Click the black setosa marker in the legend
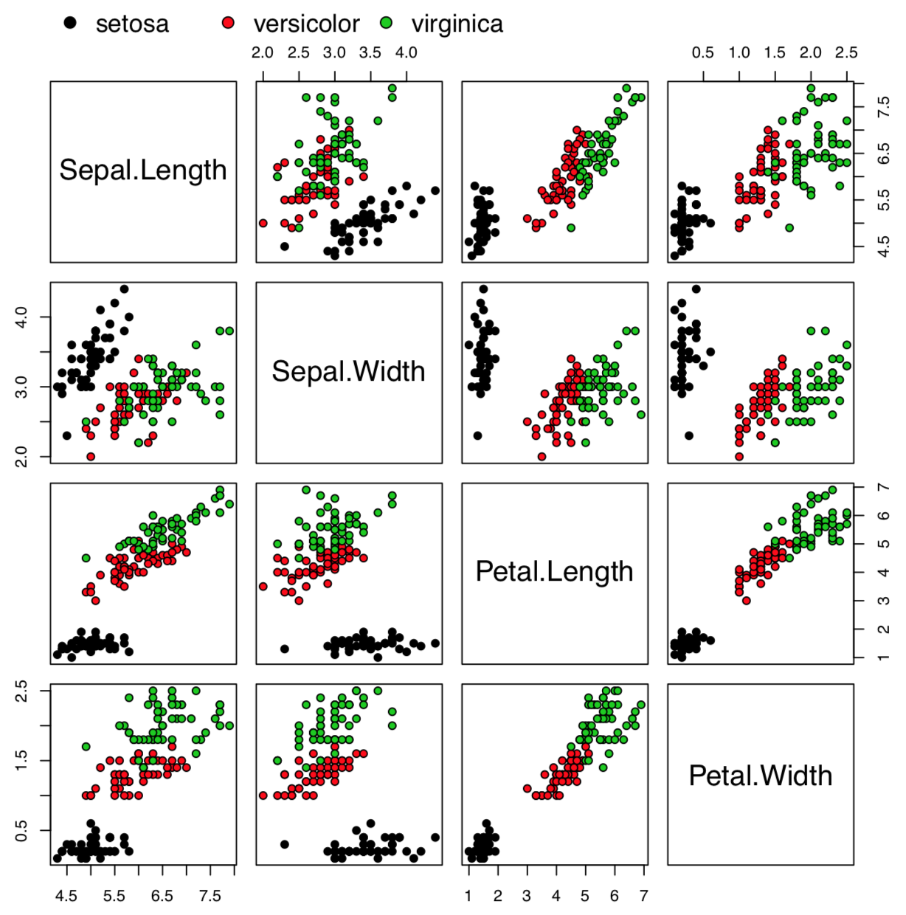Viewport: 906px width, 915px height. coord(71,23)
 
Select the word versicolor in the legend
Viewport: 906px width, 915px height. coord(306,24)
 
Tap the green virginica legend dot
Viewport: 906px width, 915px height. coord(386,23)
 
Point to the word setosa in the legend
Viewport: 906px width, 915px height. coord(132,24)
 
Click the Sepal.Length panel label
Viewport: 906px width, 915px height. coord(143,170)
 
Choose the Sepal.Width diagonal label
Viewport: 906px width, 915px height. coord(348,371)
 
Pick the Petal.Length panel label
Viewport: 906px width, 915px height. coord(554,572)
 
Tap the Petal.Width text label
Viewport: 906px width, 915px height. coord(760,776)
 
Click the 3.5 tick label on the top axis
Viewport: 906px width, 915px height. coord(370,52)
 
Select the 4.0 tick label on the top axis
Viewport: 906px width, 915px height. coord(407,52)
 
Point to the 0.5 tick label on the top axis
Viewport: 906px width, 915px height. coord(703,52)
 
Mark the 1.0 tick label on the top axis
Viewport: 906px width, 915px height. coord(739,52)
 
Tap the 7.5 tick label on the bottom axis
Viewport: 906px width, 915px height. coord(210,896)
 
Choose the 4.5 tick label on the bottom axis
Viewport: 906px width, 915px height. coord(66,896)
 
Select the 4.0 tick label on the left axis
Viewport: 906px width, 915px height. coord(23,317)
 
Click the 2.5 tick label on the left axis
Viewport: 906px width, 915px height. coord(23,691)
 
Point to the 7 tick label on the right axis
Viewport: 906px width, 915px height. coord(883,487)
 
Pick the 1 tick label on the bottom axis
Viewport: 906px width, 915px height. coord(468,896)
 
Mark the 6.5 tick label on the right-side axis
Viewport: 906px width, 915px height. coord(883,153)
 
